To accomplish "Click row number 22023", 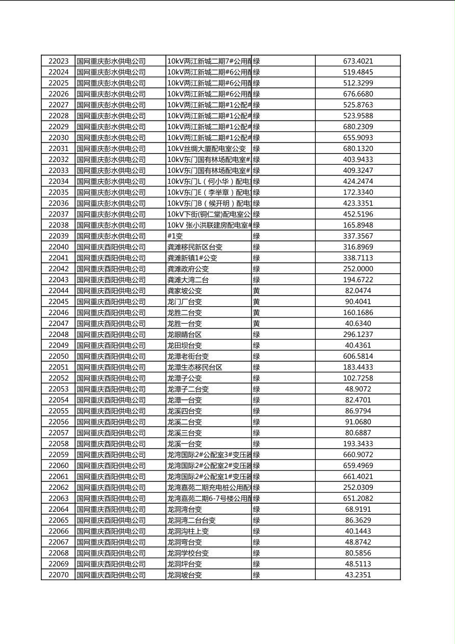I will (58, 61).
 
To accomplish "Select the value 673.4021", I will (358, 61).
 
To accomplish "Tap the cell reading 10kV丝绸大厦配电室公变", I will (207, 148).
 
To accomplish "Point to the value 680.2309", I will (358, 127).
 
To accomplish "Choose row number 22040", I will (58, 247).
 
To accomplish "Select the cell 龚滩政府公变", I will (188, 269).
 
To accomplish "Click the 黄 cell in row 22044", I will (257, 290).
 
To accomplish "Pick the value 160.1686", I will (358, 312).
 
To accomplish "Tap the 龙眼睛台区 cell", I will (185, 334).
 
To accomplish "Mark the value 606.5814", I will (358, 356).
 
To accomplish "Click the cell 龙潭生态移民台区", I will (195, 367).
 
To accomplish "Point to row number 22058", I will (58, 443).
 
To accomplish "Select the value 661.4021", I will (358, 476).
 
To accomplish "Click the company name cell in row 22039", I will (111, 236).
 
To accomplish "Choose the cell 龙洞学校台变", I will (188, 553).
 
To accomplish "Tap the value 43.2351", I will (358, 575).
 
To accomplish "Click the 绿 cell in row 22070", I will (257, 575).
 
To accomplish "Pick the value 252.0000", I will (358, 269).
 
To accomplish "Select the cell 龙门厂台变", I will (185, 302).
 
